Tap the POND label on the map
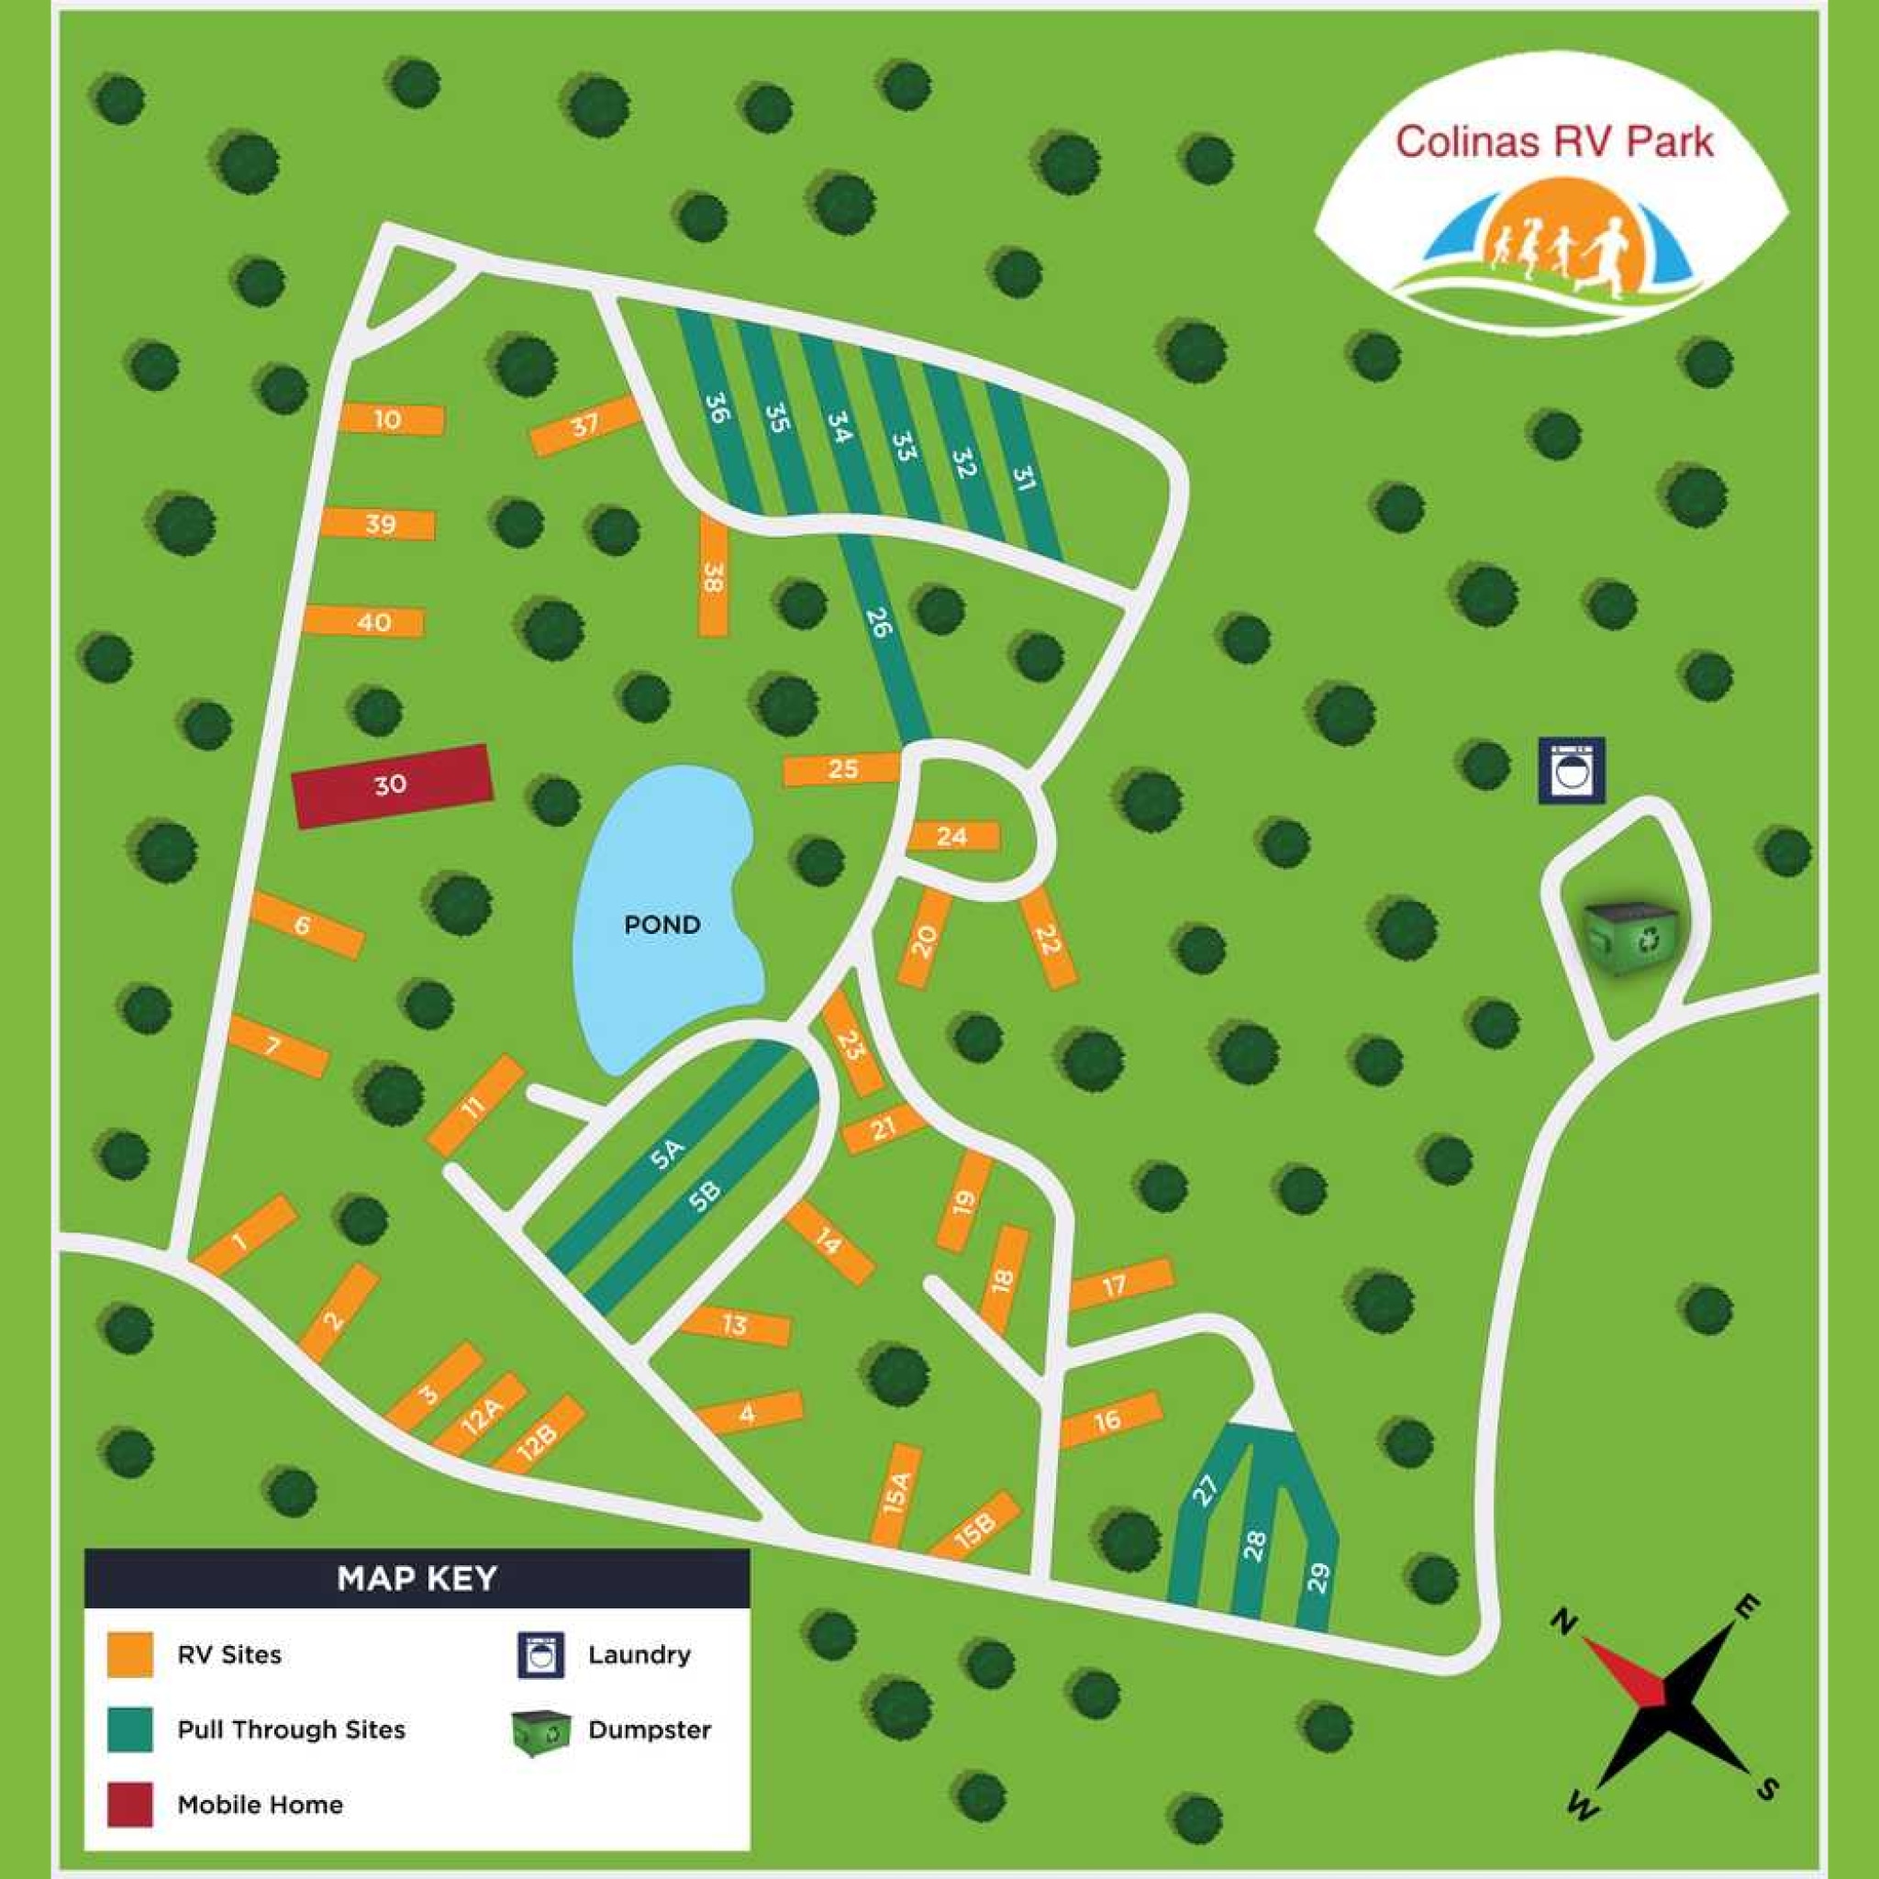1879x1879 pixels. pyautogui.click(x=662, y=924)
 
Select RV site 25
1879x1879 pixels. pyautogui.click(x=842, y=769)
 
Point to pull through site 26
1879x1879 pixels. pyautogui.click(x=878, y=622)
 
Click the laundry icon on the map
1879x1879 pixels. pyautogui.click(x=1571, y=771)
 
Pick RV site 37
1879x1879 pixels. pyautogui.click(x=584, y=425)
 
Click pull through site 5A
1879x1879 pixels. pyautogui.click(x=670, y=1153)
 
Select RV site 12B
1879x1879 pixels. pyautogui.click(x=538, y=1439)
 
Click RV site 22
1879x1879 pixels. pyautogui.click(x=1048, y=940)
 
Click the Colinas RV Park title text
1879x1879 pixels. pyautogui.click(x=1553, y=142)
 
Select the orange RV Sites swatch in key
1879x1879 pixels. pyautogui.click(x=129, y=1653)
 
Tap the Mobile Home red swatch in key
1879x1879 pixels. pyautogui.click(x=129, y=1805)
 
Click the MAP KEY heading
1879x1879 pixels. pyautogui.click(x=417, y=1577)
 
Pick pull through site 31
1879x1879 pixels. pyautogui.click(x=1023, y=481)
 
